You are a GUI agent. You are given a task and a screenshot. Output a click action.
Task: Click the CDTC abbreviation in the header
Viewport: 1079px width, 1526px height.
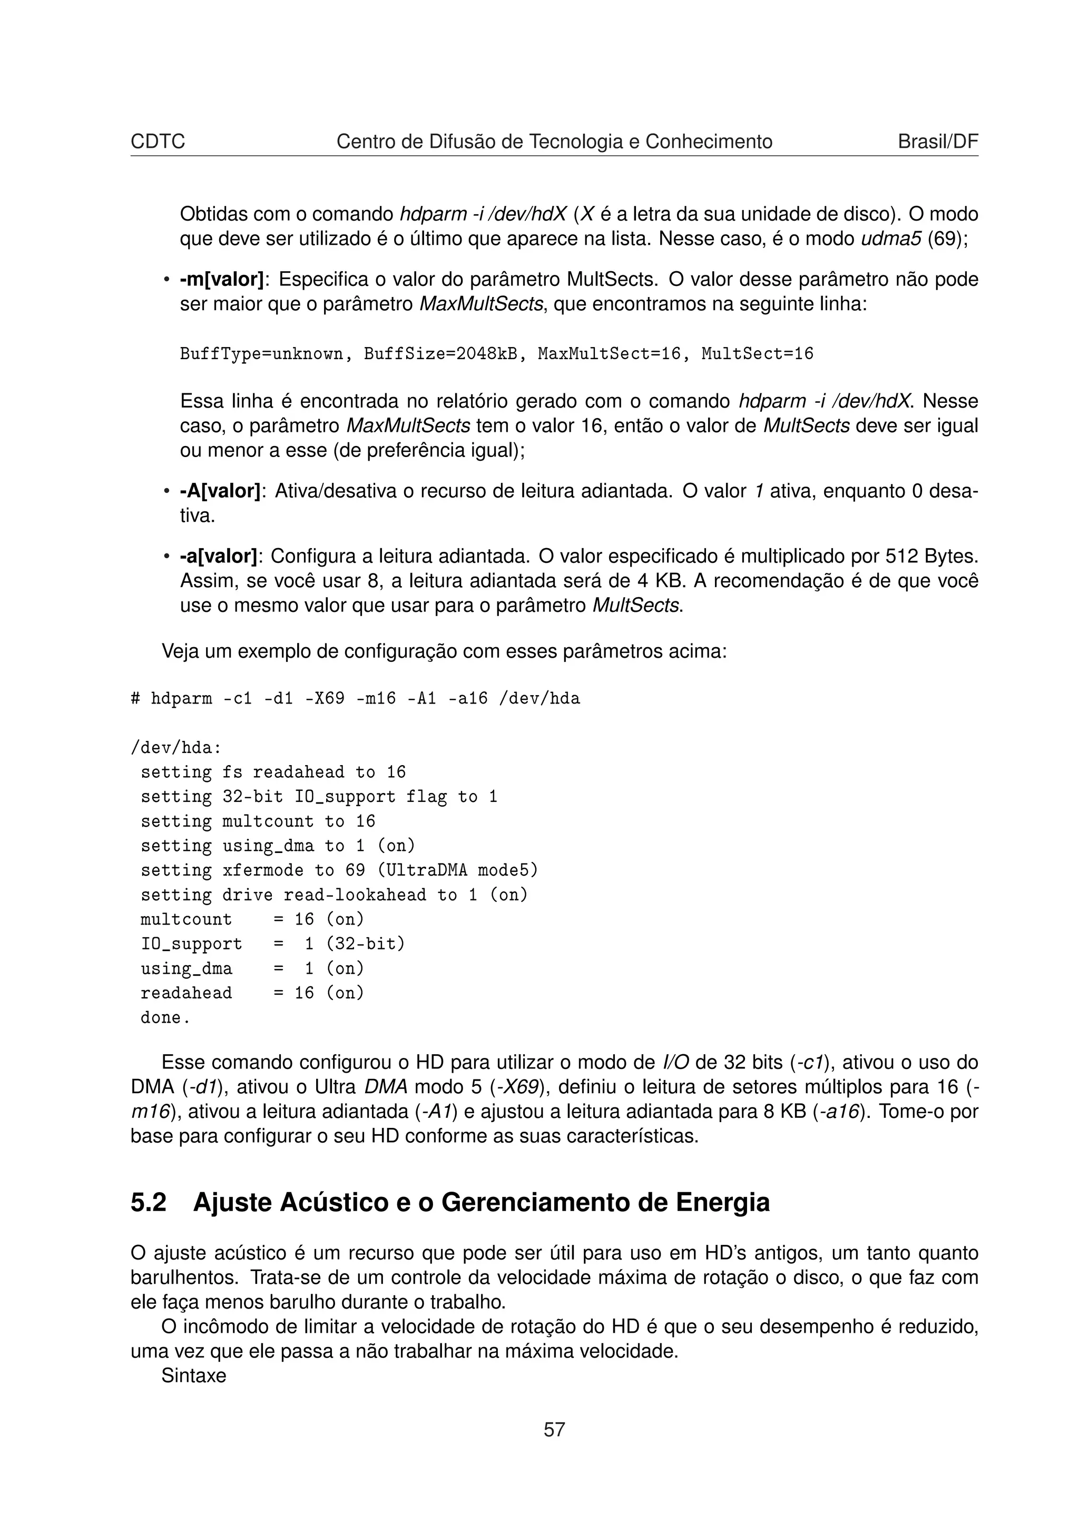[x=158, y=142]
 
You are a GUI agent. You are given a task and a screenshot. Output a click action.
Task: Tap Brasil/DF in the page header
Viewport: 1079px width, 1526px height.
[x=937, y=142]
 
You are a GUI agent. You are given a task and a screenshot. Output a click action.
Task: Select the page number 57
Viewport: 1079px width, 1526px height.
[x=554, y=1430]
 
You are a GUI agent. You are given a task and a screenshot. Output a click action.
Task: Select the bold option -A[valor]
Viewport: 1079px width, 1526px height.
[x=220, y=491]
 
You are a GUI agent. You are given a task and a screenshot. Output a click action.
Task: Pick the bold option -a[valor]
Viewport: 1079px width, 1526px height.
[x=218, y=556]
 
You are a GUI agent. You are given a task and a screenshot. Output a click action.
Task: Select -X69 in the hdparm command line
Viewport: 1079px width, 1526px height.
[x=325, y=699]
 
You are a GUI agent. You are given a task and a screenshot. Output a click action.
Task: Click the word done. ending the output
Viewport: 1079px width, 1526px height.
[x=165, y=1017]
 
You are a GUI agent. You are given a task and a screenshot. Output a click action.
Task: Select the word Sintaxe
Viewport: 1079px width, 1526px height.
[x=193, y=1375]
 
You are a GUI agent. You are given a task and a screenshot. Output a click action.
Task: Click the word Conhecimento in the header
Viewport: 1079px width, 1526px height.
[x=709, y=142]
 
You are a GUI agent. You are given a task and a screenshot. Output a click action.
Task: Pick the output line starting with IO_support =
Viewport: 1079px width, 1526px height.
[x=272, y=944]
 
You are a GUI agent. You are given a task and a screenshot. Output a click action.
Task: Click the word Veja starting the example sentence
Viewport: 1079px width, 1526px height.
[x=180, y=651]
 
